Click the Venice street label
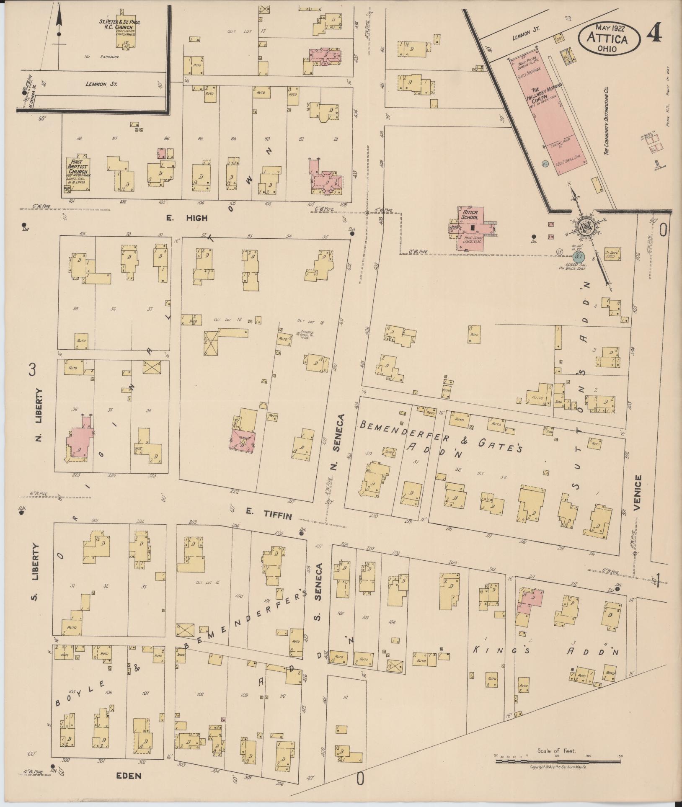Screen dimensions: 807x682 (x=638, y=492)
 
